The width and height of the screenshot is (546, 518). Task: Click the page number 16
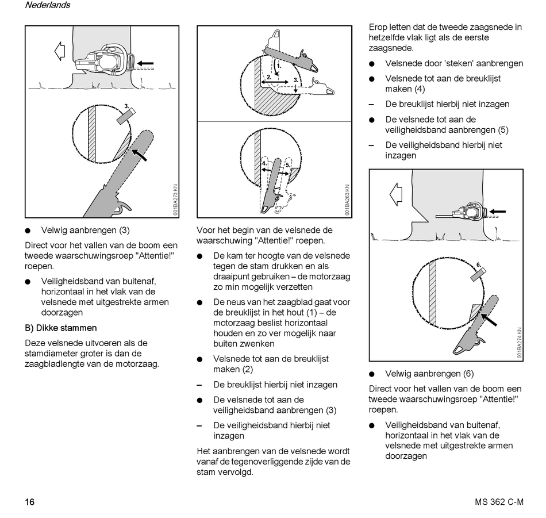coord(30,502)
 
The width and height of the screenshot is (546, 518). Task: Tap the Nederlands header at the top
coord(47,5)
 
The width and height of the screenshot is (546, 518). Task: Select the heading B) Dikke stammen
coord(61,328)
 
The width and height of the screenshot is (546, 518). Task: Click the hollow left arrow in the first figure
coord(59,52)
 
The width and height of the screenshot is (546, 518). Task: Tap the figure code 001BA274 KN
coord(519,343)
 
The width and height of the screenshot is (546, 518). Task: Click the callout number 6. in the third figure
coord(478,265)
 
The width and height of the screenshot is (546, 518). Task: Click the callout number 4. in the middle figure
coord(264,163)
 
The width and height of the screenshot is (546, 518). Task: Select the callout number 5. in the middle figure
coord(287,164)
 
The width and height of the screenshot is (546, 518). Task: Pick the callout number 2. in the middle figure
coord(268,76)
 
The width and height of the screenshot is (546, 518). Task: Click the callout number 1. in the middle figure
coord(279,66)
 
